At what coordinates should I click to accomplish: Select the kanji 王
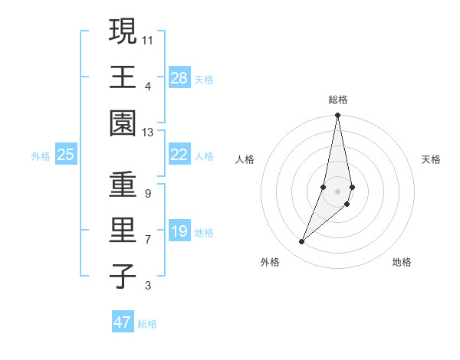coord(122,77)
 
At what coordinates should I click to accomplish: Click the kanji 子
coord(122,276)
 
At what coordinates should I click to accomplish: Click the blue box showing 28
coord(179,78)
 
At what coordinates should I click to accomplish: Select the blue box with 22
coord(179,155)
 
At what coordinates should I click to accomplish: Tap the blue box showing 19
coord(179,231)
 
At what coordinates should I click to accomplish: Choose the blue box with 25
coord(65,155)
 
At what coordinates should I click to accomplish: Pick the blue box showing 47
coord(123,322)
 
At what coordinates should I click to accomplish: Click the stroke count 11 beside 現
coord(149,40)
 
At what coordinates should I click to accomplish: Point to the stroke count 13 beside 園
coord(149,133)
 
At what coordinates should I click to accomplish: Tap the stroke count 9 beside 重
coord(147,194)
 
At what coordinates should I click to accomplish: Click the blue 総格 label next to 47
coord(147,324)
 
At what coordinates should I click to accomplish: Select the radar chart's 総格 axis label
coord(337,100)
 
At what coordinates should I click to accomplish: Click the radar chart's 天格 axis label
coord(432,159)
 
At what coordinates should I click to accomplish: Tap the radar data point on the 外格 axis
coord(302,242)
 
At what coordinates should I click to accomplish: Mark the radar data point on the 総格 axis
coord(337,116)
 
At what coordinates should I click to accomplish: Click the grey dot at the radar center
coord(337,191)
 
